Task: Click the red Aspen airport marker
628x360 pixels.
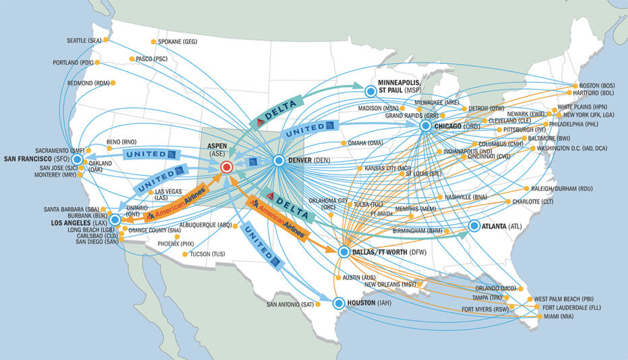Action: coord(227,166)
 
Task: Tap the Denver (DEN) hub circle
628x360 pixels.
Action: coord(278,160)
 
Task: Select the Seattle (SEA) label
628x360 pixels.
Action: coord(84,40)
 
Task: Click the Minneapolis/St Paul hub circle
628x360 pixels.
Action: coord(370,90)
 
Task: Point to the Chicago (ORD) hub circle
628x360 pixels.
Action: coord(425,125)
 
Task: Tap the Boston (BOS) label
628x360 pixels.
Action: coord(597,86)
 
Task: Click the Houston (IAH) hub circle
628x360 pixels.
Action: coord(339,303)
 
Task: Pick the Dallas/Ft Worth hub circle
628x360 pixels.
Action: coord(343,252)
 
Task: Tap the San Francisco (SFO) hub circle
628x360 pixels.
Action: coord(77,159)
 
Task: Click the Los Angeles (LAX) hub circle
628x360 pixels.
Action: coord(115,220)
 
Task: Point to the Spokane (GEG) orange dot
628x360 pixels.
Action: coord(154,42)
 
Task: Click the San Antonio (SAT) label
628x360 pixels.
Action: coord(290,304)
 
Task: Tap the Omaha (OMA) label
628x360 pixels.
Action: coord(367,143)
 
